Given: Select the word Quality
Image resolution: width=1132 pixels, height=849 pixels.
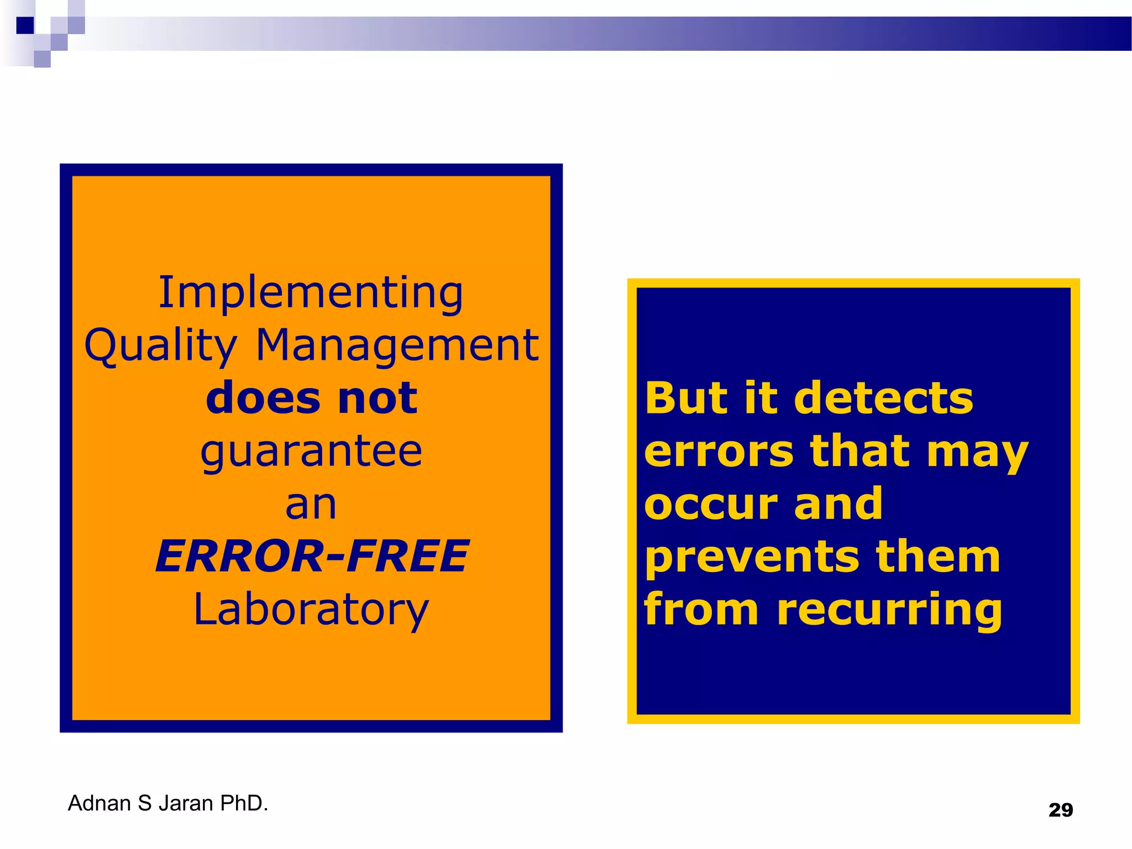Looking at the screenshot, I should (x=160, y=345).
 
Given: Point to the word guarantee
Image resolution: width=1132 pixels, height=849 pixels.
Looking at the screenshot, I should (x=311, y=452).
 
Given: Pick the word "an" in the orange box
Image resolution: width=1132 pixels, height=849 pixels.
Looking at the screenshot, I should (x=311, y=504).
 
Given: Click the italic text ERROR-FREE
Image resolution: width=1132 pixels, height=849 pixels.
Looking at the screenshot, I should (x=312, y=556).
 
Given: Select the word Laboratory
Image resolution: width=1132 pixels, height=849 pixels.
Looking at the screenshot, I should (x=311, y=610).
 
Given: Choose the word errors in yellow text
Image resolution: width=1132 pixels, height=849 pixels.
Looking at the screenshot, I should (x=719, y=451).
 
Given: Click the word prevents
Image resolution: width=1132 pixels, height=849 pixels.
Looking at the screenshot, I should (x=752, y=557).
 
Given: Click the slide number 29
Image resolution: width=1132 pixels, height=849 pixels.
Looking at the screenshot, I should (x=1061, y=810).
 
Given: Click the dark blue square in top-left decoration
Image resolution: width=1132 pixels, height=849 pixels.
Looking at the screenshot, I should (x=25, y=25).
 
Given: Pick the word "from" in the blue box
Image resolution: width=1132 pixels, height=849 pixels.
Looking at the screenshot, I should (x=701, y=609).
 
